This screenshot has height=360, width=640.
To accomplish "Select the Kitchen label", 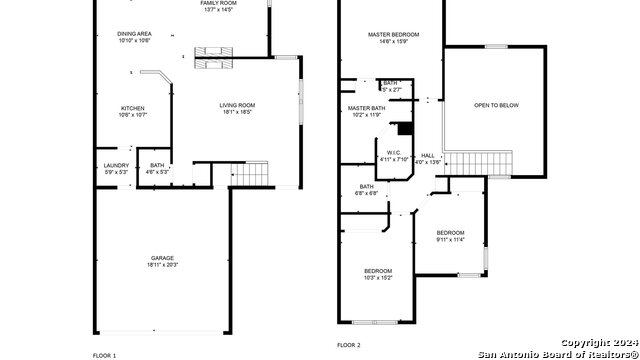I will coord(133,108).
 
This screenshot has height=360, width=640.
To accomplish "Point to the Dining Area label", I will coord(134,34).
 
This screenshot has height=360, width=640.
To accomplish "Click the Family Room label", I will coord(217,3).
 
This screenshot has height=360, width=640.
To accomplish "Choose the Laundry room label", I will coord(116,165).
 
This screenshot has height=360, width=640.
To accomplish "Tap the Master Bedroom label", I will coord(393,35).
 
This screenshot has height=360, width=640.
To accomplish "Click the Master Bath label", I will coord(367,107).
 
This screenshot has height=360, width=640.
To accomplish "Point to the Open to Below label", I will coord(496,104).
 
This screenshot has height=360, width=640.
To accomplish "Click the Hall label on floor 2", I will coord(428,155).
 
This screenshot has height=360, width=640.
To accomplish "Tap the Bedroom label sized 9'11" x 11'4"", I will coord(450,232).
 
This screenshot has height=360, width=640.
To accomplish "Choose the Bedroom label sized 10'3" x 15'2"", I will coord(378,271).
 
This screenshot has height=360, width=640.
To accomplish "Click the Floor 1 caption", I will coord(105,356).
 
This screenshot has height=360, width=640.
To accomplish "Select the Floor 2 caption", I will coord(349,344).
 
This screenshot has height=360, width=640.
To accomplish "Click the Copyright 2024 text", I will coord(596,341).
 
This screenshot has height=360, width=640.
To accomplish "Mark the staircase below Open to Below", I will coord(497,161).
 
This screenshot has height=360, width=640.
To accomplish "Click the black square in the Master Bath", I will coord(405,128).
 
